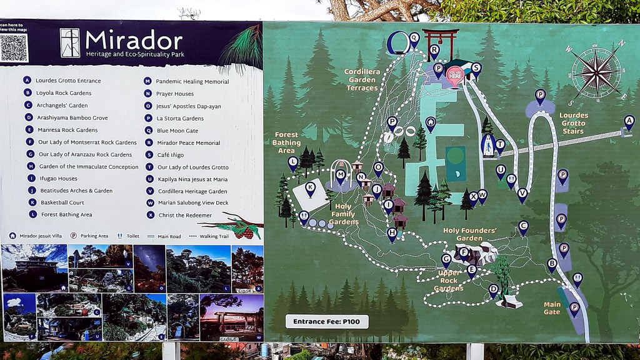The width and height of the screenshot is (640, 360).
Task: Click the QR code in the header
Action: pos(14,48)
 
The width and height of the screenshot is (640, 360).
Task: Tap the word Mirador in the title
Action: pos(134,41)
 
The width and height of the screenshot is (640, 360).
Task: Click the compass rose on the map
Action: pos(596,71)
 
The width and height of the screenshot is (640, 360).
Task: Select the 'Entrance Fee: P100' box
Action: pos(327,321)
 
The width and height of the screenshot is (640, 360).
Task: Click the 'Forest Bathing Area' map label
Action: pos(286,142)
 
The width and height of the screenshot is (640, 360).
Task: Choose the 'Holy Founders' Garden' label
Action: pos(470,234)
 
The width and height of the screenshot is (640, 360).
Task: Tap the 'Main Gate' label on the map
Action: pos(552,308)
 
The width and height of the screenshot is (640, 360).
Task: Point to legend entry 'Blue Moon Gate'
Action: pos(178,130)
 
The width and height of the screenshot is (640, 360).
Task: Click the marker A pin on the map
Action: pos(629,121)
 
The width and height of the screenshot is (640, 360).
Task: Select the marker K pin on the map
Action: pos(310,187)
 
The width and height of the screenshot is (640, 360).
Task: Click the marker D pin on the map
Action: pos(493,289)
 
